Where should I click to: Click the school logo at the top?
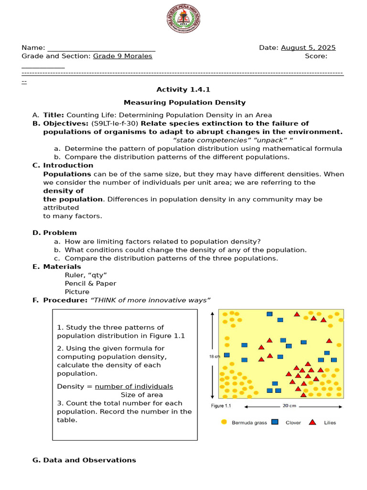[183, 19]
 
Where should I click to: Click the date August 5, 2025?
[308, 48]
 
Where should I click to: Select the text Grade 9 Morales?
[122, 56]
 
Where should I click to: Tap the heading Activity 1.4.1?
[183, 89]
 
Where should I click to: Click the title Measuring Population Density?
[184, 102]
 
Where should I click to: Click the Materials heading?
[62, 267]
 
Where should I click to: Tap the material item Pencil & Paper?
[90, 283]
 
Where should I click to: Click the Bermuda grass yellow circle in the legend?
[224, 422]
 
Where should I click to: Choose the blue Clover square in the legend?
[275, 422]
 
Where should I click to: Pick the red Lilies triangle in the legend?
[313, 422]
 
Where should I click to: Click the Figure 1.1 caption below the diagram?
[221, 406]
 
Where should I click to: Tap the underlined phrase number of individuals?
[134, 387]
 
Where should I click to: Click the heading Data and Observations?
[89, 460]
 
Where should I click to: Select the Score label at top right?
[316, 56]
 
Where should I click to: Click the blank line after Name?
[101, 48]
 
